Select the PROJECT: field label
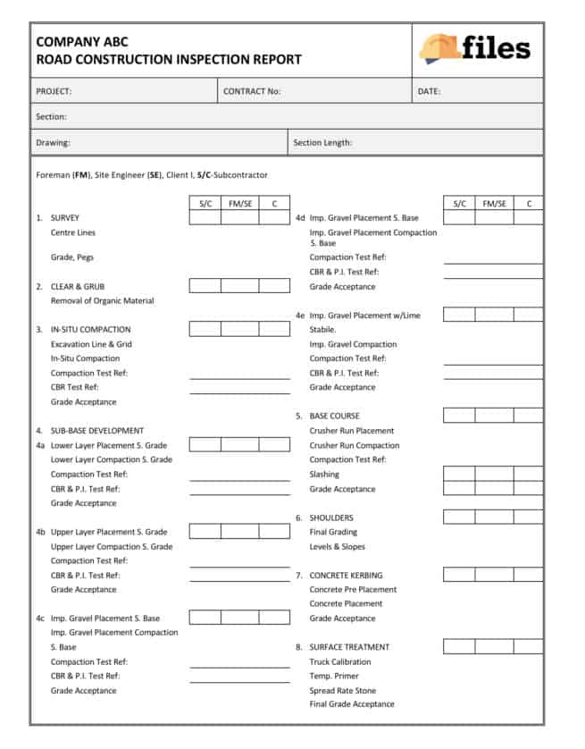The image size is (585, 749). click(x=54, y=91)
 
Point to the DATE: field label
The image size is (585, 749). click(x=429, y=91)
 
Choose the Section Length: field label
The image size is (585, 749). click(x=322, y=142)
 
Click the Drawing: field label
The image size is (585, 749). click(x=53, y=142)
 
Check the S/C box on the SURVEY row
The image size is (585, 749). click(x=205, y=218)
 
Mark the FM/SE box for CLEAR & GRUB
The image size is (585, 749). click(x=239, y=286)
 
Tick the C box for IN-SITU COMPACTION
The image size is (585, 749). click(x=274, y=329)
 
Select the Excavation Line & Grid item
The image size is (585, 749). click(x=91, y=344)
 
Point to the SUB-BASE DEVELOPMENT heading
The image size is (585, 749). click(x=96, y=431)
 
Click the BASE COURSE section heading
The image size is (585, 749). click(x=334, y=417)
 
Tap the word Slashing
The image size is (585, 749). click(x=324, y=475)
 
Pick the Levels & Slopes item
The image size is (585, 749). click(x=337, y=547)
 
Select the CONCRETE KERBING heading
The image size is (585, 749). click(x=346, y=576)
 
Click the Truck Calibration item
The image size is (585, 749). click(x=340, y=662)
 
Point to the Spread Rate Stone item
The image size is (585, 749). click(x=342, y=691)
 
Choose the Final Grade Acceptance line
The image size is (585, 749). click(x=351, y=704)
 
